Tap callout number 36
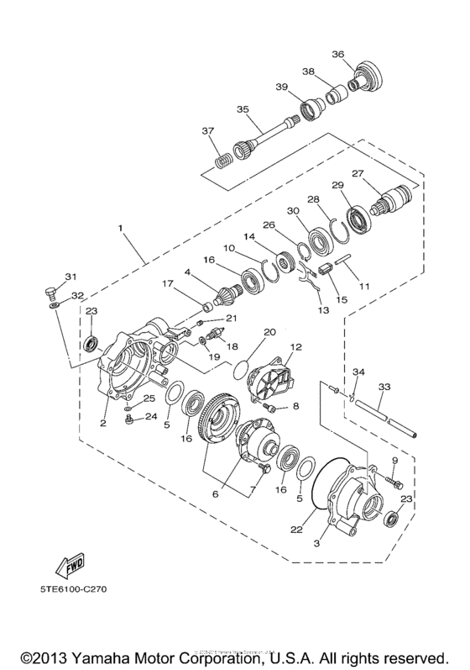coord(338,55)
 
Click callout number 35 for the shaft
coord(243,109)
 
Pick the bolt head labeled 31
coord(50,294)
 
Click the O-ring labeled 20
coord(242,367)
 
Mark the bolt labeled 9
coord(395,482)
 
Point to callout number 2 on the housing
coord(102,424)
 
